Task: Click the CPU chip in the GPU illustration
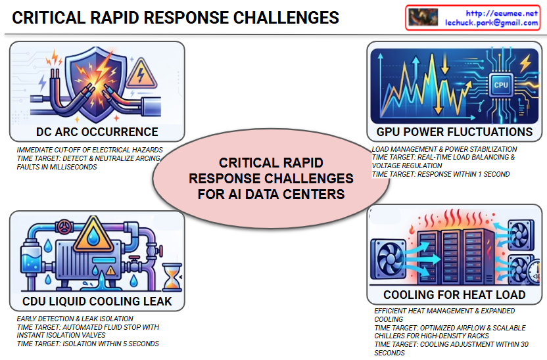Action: [501, 85]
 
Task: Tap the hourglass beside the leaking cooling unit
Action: [172, 277]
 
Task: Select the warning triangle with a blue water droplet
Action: [93, 235]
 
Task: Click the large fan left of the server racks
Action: [388, 259]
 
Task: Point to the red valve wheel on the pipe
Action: [64, 227]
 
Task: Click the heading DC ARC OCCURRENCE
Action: [97, 132]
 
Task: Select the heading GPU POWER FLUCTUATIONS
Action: [454, 132]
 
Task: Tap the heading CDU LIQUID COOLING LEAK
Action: [97, 301]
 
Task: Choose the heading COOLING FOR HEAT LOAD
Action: [454, 295]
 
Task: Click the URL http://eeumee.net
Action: [502, 13]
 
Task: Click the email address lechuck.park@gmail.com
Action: [491, 22]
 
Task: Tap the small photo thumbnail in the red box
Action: [423, 17]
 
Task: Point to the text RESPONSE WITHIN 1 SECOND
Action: [464, 174]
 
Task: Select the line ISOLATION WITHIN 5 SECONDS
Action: [110, 344]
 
